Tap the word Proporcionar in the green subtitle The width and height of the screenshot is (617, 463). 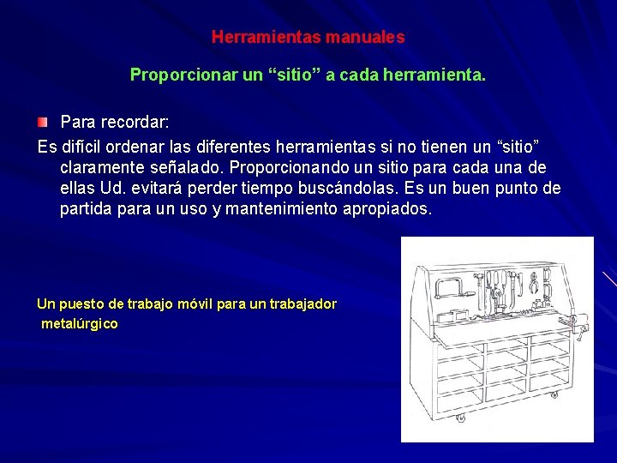183,75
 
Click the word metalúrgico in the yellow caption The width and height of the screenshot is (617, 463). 80,324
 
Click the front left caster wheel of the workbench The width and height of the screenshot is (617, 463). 460,418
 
